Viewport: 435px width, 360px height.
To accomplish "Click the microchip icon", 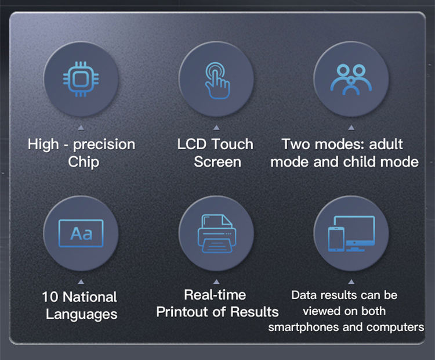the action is [x=81, y=79].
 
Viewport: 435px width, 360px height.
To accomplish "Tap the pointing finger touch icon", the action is [x=217, y=81].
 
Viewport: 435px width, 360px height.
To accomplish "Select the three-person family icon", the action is [x=351, y=80].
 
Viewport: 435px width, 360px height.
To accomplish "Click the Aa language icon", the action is [x=81, y=233].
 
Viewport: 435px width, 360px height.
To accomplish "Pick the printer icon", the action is [x=217, y=233].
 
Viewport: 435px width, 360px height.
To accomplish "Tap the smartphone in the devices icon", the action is [x=336, y=239].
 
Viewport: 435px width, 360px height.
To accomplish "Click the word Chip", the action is [x=84, y=162].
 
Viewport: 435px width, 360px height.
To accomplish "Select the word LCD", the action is [x=192, y=145].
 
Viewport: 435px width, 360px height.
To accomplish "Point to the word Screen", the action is [x=217, y=162].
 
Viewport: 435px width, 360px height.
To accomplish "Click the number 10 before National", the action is [x=50, y=297].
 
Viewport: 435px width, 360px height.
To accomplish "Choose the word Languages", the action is [x=82, y=315].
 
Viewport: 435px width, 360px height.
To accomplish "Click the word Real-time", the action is [x=215, y=295].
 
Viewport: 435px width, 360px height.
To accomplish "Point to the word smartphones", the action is [x=304, y=327].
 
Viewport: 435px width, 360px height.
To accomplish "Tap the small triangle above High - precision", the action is [x=81, y=128].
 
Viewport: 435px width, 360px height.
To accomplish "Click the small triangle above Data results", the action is [x=351, y=282].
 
